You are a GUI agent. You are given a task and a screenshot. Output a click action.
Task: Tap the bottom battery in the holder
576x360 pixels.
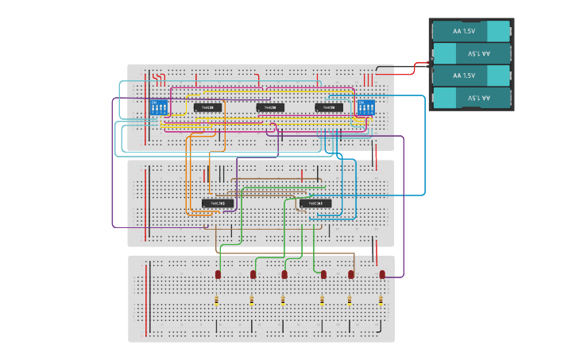click(470, 98)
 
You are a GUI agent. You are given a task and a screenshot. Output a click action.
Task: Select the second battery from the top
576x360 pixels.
click(470, 53)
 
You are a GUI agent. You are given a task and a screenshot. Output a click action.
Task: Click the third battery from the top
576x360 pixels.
click(470, 75)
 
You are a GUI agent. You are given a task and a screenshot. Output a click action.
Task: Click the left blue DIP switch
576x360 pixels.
click(158, 107)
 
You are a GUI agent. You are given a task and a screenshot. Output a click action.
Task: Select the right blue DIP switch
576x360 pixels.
click(365, 107)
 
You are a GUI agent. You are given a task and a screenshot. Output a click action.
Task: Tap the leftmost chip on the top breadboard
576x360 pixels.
click(207, 107)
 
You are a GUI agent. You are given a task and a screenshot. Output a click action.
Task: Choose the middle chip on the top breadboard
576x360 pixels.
click(269, 107)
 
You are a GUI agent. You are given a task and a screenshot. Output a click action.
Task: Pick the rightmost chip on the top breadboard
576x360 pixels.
click(329, 107)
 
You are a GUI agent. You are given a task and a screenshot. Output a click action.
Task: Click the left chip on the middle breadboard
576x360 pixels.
click(217, 203)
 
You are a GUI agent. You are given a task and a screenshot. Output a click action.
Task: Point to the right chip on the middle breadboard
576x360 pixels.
click(315, 203)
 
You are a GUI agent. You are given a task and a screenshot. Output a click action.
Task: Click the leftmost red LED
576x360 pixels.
click(218, 274)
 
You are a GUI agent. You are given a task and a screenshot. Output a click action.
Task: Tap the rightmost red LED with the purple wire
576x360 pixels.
click(382, 274)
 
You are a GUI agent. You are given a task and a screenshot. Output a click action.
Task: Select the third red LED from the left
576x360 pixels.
click(284, 274)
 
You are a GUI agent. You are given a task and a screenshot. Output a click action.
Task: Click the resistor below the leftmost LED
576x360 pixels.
click(217, 300)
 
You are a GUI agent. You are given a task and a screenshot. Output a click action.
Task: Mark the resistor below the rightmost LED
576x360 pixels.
click(381, 300)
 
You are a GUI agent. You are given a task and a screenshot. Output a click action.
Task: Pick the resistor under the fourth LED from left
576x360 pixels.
click(323, 300)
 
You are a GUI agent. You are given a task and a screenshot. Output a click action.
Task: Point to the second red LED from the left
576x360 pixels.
click(253, 274)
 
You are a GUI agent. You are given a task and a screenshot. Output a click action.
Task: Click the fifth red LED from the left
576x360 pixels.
click(350, 274)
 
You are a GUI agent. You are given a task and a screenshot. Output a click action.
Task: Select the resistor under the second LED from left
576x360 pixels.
click(252, 300)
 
